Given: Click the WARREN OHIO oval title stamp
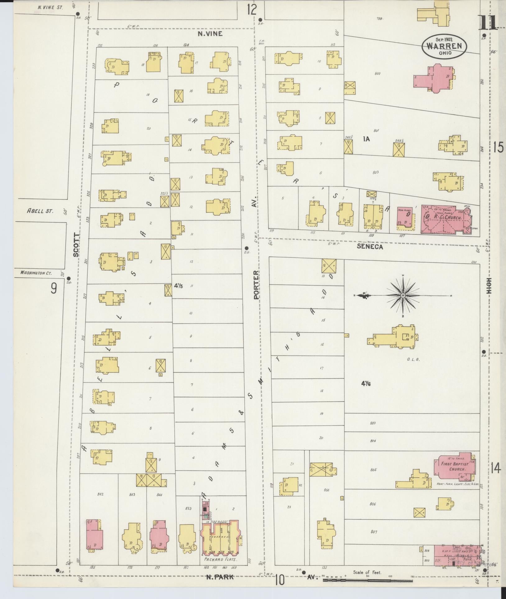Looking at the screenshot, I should click(x=444, y=46).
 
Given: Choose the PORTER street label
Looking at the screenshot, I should click(x=256, y=285).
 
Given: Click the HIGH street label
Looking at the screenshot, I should click(x=490, y=286).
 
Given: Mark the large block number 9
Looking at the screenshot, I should click(x=54, y=289).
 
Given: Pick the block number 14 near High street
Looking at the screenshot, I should click(x=496, y=468).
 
